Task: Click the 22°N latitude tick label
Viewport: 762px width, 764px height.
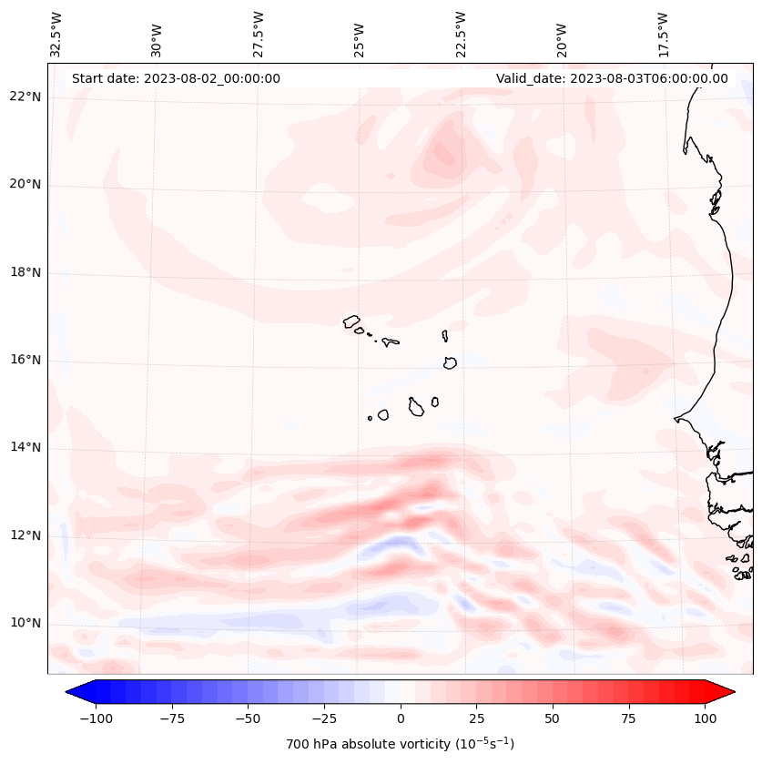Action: pyautogui.click(x=26, y=97)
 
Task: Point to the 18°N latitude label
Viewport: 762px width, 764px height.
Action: pyautogui.click(x=26, y=272)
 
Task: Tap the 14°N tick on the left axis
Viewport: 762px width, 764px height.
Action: pyautogui.click(x=26, y=447)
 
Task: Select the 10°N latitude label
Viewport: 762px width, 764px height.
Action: pyautogui.click(x=26, y=623)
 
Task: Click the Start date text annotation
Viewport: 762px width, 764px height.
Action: pyautogui.click(x=176, y=78)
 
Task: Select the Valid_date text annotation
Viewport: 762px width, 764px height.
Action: pyautogui.click(x=612, y=78)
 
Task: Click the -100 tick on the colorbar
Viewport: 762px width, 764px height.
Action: pyautogui.click(x=96, y=719)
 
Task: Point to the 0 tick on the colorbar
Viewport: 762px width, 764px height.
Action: pyautogui.click(x=400, y=719)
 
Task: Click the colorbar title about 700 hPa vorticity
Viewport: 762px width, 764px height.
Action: pyautogui.click(x=400, y=744)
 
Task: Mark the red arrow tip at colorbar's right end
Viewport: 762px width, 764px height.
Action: pyautogui.click(x=732, y=693)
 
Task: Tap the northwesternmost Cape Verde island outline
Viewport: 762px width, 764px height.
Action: pyautogui.click(x=351, y=321)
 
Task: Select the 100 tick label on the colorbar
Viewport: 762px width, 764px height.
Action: pyautogui.click(x=705, y=719)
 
